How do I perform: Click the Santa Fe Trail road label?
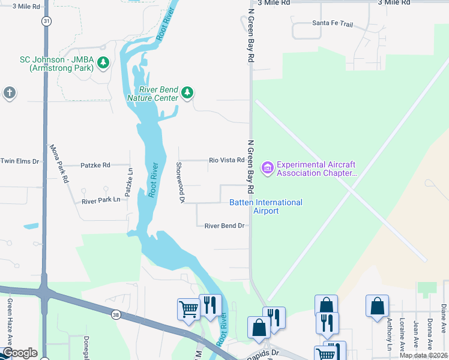pos(332,23)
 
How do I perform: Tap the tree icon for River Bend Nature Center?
pos(188,92)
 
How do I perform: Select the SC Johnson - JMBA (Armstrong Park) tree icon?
pos(103,62)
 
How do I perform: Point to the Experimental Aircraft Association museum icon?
pos(267,167)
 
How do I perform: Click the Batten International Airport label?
pos(265,206)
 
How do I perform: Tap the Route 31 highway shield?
pos(46,20)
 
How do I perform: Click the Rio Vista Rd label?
pos(226,160)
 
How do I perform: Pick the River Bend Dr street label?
pos(224,226)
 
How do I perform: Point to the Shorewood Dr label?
pos(179,182)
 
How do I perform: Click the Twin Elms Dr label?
pos(19,161)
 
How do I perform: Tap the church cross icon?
pos(9,93)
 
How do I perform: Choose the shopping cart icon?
pos(188,310)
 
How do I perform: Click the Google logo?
pos(19,353)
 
